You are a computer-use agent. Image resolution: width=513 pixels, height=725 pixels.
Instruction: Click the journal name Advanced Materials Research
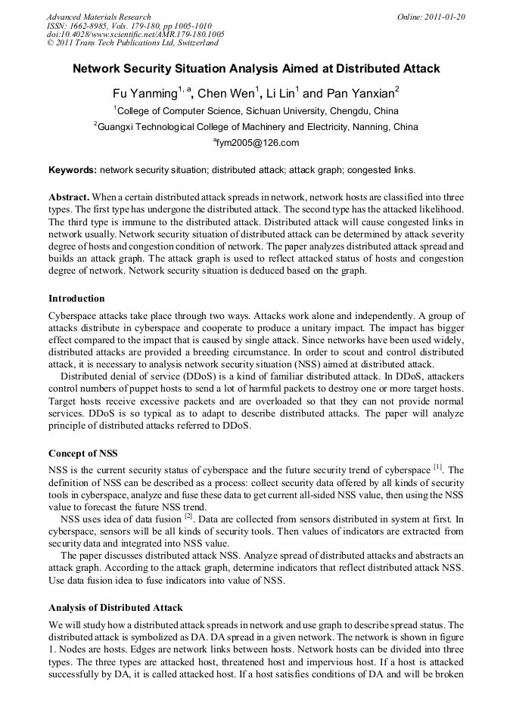pos(98,17)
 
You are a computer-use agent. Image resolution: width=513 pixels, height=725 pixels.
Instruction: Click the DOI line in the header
pos(135,35)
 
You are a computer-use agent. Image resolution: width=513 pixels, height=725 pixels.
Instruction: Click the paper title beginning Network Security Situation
pos(256,69)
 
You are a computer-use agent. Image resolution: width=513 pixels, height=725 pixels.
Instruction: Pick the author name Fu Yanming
pos(145,94)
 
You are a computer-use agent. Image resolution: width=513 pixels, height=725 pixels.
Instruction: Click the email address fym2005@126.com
pos(257,142)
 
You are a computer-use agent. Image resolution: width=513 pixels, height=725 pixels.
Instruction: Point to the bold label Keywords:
pos(73,169)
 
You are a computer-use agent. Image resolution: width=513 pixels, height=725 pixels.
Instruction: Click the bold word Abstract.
pos(70,195)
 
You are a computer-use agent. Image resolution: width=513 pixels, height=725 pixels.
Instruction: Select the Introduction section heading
pos(76,299)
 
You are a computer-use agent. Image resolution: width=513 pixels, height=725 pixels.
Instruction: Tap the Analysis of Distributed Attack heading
pos(115,608)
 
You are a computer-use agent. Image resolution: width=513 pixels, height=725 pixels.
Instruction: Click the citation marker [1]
pos(437,467)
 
